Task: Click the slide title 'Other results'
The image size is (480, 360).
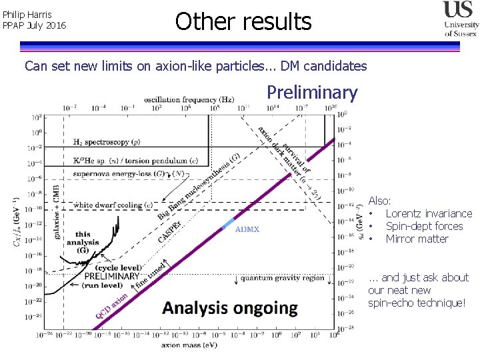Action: click(x=243, y=22)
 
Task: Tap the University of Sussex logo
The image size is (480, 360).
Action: click(x=461, y=19)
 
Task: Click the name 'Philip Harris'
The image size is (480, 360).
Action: click(x=27, y=14)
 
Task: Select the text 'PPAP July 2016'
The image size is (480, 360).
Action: click(x=34, y=26)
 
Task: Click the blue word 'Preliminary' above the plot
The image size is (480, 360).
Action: click(x=312, y=92)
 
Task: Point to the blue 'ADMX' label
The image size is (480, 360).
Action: click(x=247, y=229)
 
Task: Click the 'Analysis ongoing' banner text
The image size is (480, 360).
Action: click(x=230, y=308)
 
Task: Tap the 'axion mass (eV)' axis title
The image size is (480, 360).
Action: click(x=189, y=345)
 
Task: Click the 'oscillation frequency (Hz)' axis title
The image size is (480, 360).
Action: click(x=189, y=99)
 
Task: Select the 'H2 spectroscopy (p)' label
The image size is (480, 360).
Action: click(x=106, y=142)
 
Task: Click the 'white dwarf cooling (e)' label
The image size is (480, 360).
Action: click(x=113, y=205)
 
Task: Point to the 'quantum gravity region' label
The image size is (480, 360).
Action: click(x=283, y=277)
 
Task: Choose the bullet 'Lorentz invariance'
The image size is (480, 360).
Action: click(x=429, y=213)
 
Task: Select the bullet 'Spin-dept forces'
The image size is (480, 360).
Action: click(x=424, y=226)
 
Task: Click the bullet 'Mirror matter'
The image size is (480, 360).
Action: click(x=417, y=239)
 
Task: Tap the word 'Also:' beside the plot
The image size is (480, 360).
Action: click(x=380, y=201)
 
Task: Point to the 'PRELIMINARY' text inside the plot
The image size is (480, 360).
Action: click(x=112, y=276)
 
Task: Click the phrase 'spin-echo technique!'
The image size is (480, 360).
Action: click(x=417, y=303)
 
